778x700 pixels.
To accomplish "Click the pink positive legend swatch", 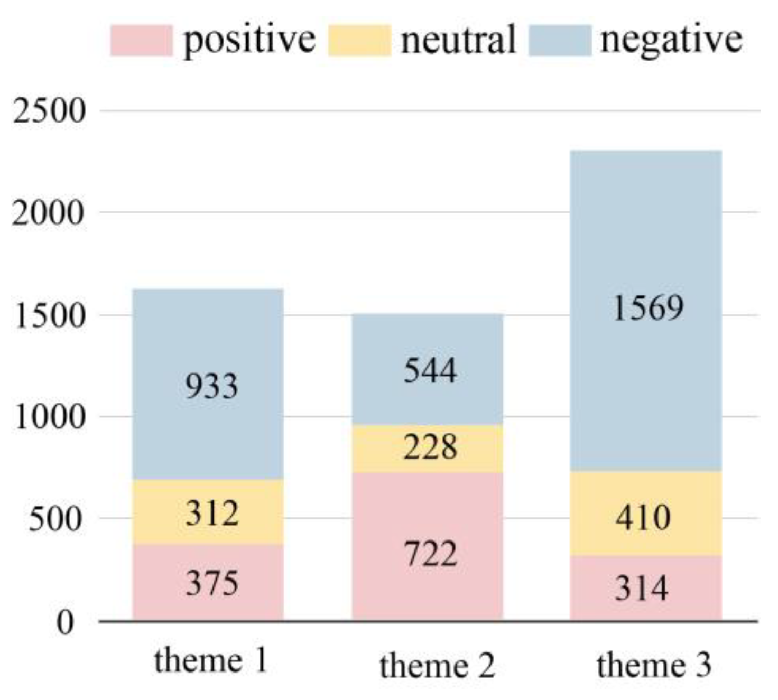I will point(141,40).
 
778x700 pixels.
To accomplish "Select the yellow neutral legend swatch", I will point(359,40).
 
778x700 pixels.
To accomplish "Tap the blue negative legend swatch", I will point(560,40).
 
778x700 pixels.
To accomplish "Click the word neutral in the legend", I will point(458,40).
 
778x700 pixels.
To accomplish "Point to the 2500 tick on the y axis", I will point(49,111).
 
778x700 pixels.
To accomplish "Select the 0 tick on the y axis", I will point(65,622).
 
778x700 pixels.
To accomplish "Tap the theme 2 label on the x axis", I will point(437,666).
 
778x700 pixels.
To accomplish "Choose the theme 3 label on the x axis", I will point(654,665).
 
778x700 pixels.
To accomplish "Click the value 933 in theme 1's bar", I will point(211,386).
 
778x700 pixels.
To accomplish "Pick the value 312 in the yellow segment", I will point(212,514).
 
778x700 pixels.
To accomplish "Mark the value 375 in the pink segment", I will point(212,583).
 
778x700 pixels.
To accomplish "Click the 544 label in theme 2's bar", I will point(430,370).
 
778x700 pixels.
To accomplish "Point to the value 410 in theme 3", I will point(643,517).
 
